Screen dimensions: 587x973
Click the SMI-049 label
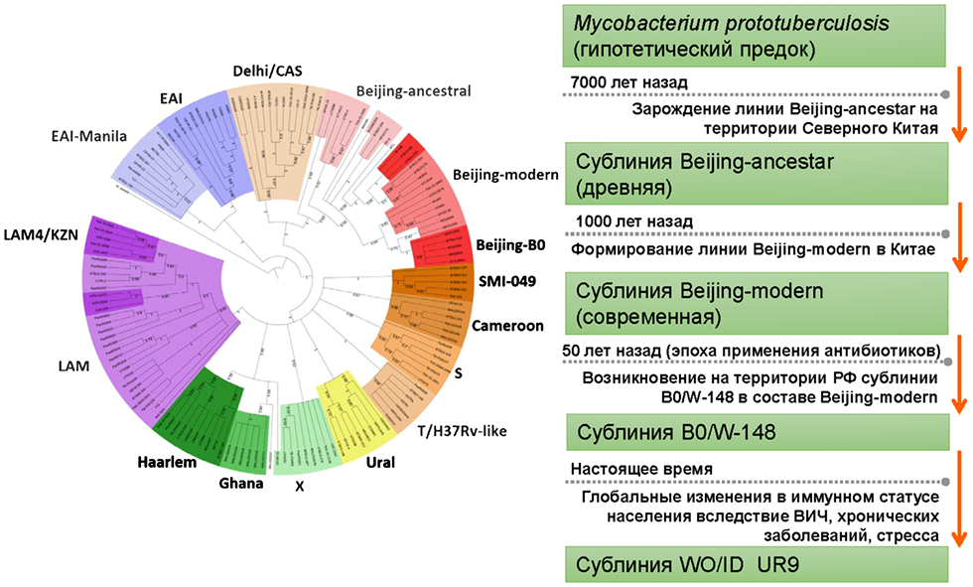504,281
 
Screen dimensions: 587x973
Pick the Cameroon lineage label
506,325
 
